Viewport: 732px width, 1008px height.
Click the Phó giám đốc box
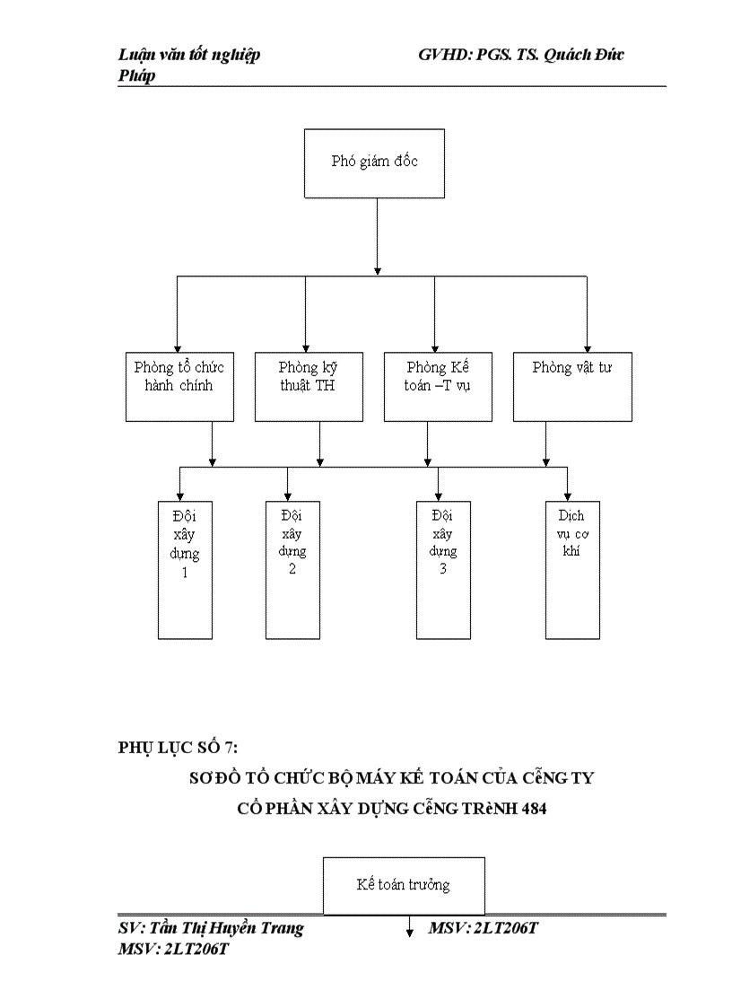point(374,162)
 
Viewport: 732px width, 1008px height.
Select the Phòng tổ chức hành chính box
point(179,386)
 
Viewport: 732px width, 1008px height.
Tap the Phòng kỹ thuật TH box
point(309,386)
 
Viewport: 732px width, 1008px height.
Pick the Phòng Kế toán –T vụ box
point(438,386)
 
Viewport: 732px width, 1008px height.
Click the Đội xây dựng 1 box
point(185,569)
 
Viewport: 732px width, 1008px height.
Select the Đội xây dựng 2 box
point(292,569)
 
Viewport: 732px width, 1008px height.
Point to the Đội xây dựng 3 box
point(443,569)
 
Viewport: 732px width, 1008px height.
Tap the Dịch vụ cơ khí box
point(572,569)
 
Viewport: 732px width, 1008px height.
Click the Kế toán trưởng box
point(403,885)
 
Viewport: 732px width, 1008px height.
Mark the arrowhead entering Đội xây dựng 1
point(180,495)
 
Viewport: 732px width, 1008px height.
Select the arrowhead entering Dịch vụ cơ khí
point(568,495)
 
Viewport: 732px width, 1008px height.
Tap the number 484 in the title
point(532,808)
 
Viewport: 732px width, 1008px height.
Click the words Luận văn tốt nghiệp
point(189,55)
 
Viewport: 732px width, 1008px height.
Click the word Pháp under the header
point(136,75)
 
